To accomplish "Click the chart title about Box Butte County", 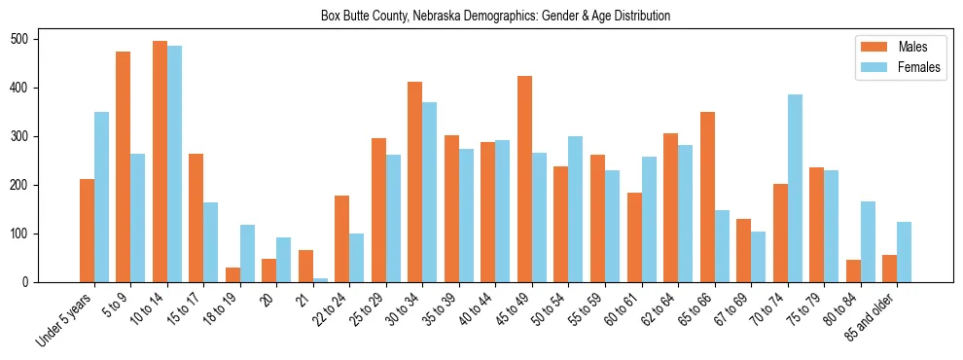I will [x=495, y=17].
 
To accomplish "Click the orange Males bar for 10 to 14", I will [x=160, y=162].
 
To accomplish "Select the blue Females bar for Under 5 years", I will [x=101, y=198].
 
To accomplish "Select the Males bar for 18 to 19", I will [x=232, y=274].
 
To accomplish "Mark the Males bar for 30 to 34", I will [x=415, y=182].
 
